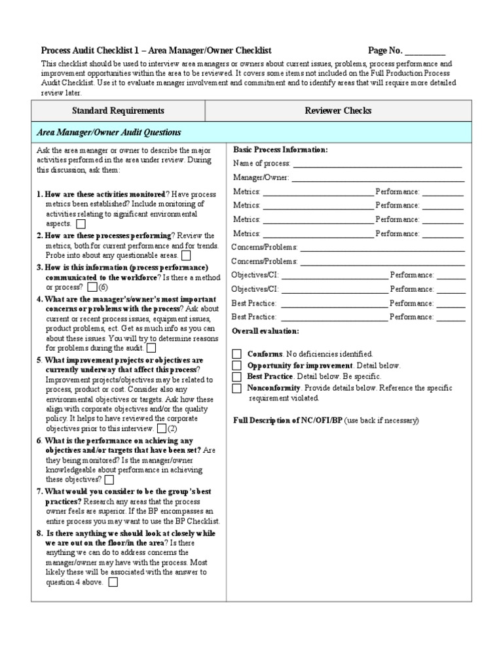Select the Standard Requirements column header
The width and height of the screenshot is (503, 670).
[118, 111]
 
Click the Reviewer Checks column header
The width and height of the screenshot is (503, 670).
[338, 111]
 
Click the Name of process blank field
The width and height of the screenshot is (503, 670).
[378, 164]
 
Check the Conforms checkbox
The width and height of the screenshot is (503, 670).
[236, 354]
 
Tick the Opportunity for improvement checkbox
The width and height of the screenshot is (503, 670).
[236, 366]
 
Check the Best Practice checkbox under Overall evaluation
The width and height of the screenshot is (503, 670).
[236, 378]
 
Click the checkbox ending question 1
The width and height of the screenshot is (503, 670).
[81, 224]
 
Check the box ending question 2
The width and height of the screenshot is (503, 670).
[186, 255]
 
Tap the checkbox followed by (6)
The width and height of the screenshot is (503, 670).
[92, 287]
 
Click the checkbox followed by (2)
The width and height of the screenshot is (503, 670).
[161, 429]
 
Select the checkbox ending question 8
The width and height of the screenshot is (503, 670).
[113, 582]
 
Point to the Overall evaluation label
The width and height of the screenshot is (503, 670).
[265, 332]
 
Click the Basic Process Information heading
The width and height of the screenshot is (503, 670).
[280, 150]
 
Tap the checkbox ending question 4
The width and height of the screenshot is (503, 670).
[152, 348]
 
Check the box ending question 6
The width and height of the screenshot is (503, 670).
[109, 480]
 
